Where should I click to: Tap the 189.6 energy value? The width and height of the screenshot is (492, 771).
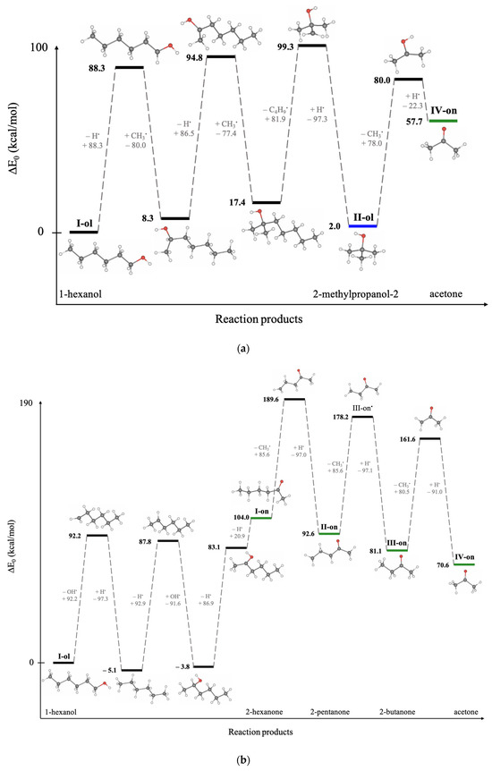tap(267, 399)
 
